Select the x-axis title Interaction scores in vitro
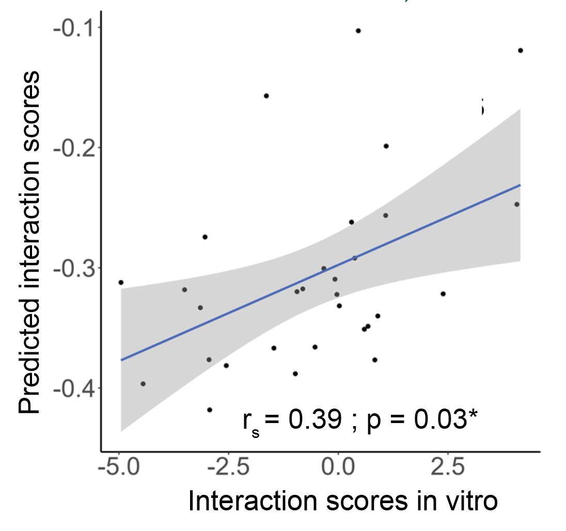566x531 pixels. [343, 501]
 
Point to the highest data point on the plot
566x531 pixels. [358, 31]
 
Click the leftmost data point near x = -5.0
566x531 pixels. [121, 283]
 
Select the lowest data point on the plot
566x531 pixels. [210, 410]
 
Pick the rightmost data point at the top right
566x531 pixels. [520, 51]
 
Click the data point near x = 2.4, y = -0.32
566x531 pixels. [443, 294]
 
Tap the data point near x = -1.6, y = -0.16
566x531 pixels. [266, 96]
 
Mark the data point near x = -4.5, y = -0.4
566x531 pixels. [143, 384]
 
